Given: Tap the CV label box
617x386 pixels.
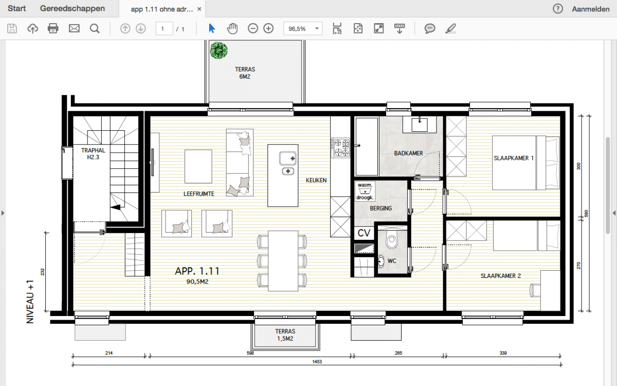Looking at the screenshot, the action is click(x=364, y=233).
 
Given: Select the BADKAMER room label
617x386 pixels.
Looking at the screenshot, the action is click(x=408, y=153).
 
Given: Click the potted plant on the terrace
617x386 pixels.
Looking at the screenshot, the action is click(x=219, y=50).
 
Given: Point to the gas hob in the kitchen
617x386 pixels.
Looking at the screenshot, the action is click(x=340, y=148).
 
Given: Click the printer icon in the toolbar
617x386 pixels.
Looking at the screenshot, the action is click(x=53, y=28).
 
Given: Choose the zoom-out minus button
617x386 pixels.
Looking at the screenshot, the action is click(x=252, y=28).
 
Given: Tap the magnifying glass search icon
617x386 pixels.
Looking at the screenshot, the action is click(x=95, y=28).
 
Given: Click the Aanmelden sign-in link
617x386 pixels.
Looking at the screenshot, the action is click(x=591, y=9).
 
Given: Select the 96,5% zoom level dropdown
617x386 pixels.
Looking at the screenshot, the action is click(x=303, y=28).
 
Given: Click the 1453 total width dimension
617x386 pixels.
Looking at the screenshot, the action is click(x=317, y=361).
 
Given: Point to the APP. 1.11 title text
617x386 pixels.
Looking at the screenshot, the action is click(x=197, y=271).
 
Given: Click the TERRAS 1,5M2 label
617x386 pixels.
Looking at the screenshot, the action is click(x=285, y=335).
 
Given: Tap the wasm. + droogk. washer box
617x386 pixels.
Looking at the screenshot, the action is click(x=365, y=191).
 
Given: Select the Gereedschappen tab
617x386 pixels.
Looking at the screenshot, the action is click(x=72, y=9).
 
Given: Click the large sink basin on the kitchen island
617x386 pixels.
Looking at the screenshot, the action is click(x=288, y=159).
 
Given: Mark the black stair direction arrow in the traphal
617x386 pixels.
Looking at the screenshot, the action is click(x=116, y=207).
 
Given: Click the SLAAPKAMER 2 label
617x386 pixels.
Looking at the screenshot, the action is click(x=500, y=276).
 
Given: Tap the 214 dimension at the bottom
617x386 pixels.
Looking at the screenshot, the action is click(x=109, y=353).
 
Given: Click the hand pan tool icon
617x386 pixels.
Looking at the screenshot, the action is click(x=232, y=28).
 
